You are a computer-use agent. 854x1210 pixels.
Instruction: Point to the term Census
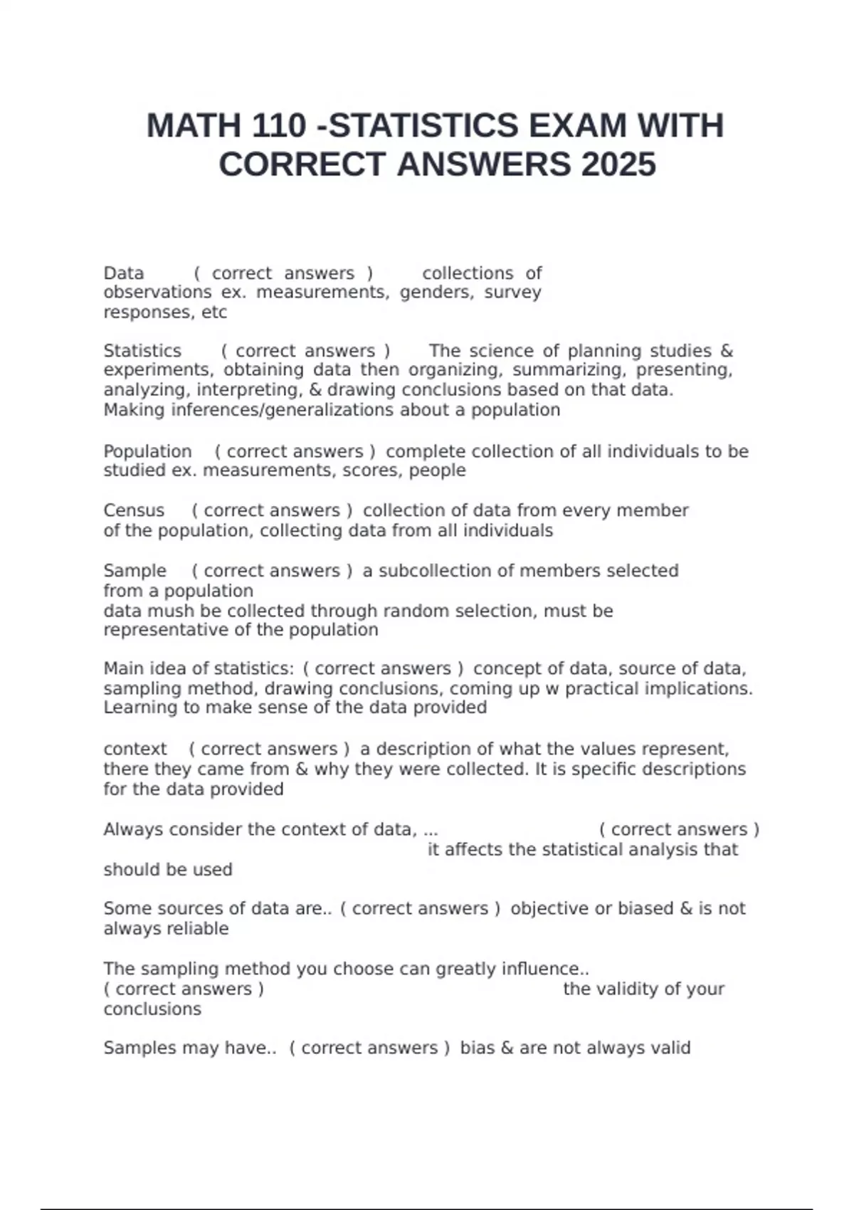pos(134,510)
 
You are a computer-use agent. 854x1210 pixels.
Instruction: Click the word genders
pos(436,293)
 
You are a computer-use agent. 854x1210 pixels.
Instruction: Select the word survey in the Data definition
pos(512,293)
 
